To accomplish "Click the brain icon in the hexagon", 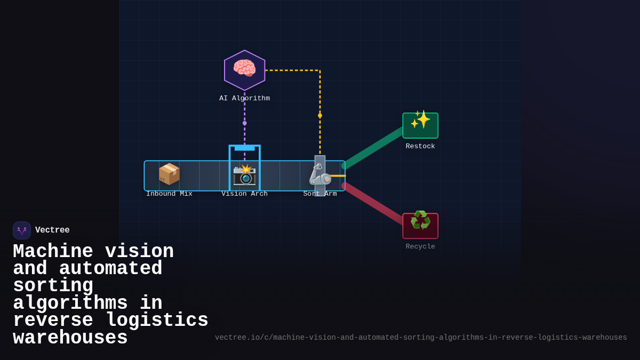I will [244, 69].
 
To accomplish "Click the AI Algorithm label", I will [244, 99].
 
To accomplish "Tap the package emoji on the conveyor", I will [169, 174].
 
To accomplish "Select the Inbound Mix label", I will [169, 194].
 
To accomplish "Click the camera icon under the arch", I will [244, 175].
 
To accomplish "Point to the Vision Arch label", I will [244, 194].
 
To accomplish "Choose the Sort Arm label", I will [320, 194].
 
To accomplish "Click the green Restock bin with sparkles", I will [420, 125].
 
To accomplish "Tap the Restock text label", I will [420, 146].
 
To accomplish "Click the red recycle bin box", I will [420, 226].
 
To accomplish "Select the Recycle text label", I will [420, 246].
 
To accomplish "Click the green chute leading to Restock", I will [373, 148].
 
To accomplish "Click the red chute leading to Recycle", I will [373, 203].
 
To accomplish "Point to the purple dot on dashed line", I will [245, 123].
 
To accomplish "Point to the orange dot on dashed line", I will [320, 115].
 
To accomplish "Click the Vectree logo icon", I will [22, 230].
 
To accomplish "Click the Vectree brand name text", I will [52, 230].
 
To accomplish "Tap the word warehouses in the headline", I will [70, 338].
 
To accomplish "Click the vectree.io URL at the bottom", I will [421, 338].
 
